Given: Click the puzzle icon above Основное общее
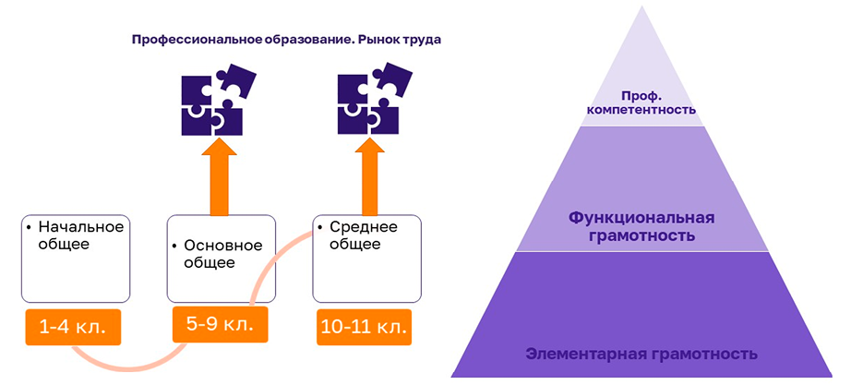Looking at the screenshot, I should pos(213,97).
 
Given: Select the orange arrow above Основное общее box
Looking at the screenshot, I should pos(220,174).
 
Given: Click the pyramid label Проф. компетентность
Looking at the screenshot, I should pos(643,102).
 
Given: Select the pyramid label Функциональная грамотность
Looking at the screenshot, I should pos(643,226).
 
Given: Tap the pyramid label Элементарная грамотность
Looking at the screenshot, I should pos(641,354).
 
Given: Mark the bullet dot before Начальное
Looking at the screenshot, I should pos(30,226).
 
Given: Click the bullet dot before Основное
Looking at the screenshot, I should pos(176,247).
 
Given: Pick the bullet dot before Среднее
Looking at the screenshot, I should pos(320,226).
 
